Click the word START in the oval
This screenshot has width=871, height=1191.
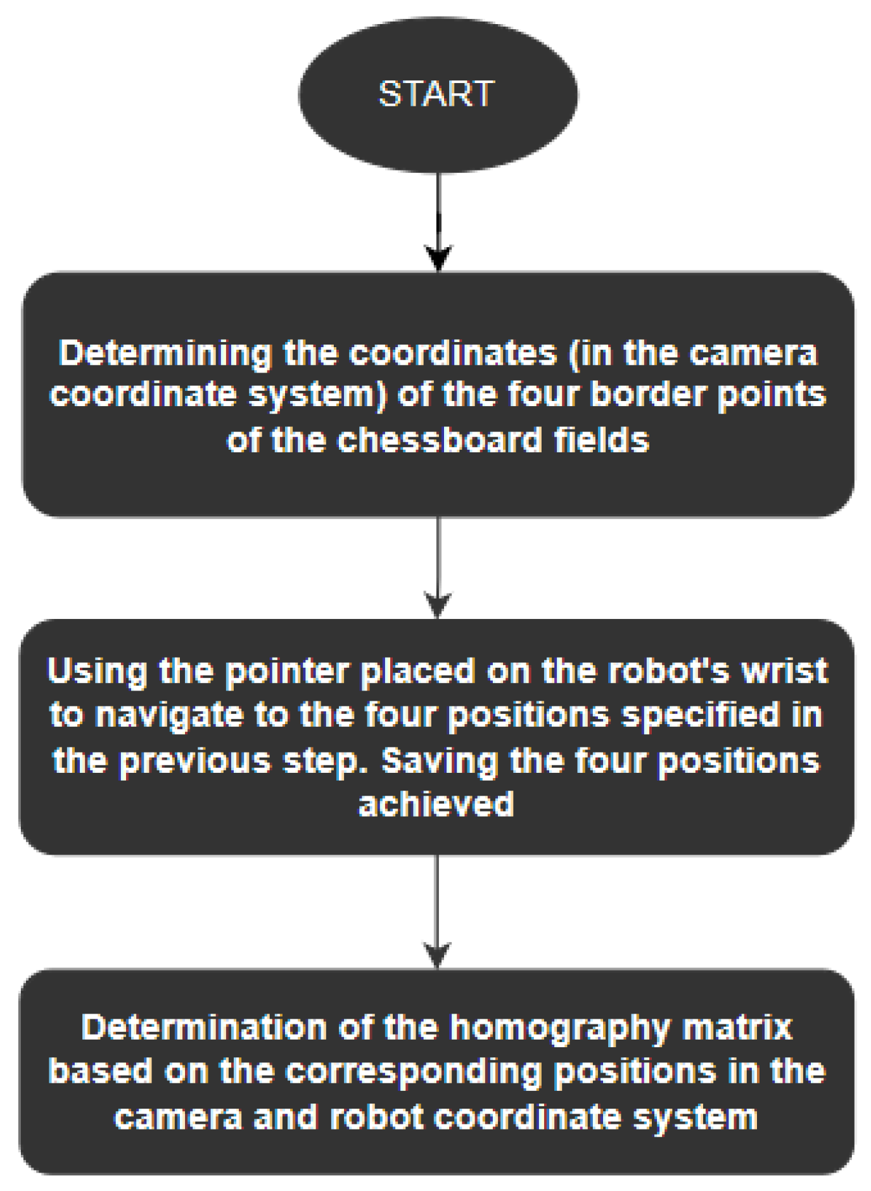(x=436, y=94)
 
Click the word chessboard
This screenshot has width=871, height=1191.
(x=439, y=440)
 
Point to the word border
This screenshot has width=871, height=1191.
(x=647, y=394)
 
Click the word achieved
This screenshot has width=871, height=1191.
(x=436, y=805)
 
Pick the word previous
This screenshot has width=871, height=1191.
(x=196, y=760)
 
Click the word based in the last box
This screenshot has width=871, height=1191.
(x=101, y=1071)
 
